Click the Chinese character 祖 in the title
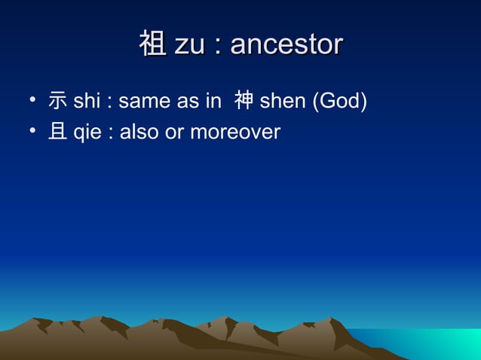(153, 44)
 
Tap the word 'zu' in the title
(189, 45)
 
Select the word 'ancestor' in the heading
(286, 45)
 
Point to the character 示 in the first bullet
(57, 101)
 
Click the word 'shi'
(88, 101)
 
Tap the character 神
(244, 101)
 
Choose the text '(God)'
(340, 101)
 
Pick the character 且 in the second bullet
(57, 133)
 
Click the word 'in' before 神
(213, 101)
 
